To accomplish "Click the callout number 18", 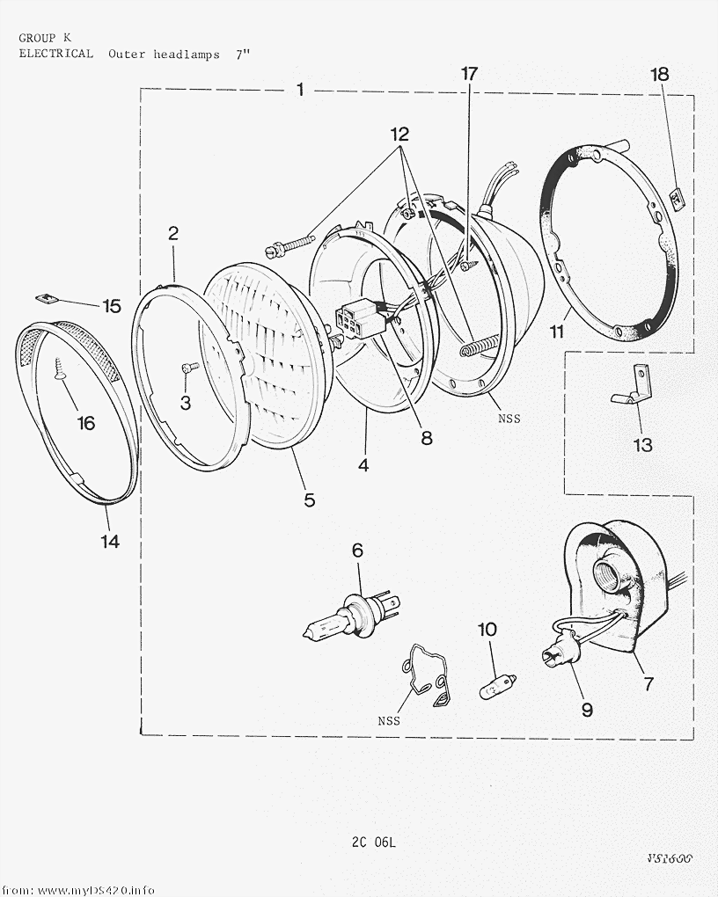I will pyautogui.click(x=660, y=74).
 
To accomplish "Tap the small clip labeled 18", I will pyautogui.click(x=678, y=201).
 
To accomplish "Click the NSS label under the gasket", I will pyautogui.click(x=389, y=721).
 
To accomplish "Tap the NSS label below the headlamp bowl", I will pyautogui.click(x=509, y=419).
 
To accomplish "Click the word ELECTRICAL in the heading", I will pyautogui.click(x=55, y=54).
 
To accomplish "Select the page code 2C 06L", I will pyautogui.click(x=374, y=842).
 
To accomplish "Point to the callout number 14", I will pyautogui.click(x=109, y=542).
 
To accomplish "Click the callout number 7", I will pyautogui.click(x=648, y=682).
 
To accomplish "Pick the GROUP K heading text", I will pyautogui.click(x=45, y=38).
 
